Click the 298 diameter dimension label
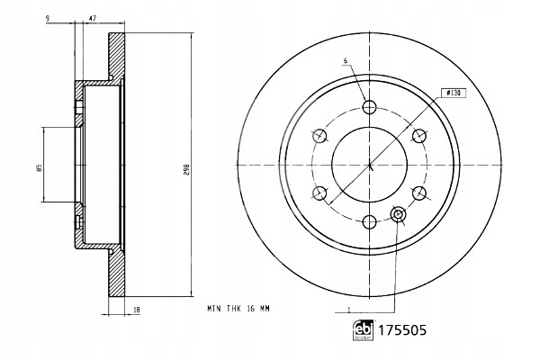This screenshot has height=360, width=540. (186, 170)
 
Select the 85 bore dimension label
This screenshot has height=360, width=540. (40, 167)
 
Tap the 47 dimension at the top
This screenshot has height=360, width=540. (93, 18)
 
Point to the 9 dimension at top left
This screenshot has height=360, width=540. (48, 18)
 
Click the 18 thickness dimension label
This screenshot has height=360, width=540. (137, 310)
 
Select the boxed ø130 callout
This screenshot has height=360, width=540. (454, 93)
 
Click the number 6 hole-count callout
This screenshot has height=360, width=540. (346, 61)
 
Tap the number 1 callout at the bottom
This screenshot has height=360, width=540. (349, 310)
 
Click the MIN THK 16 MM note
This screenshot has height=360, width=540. (238, 309)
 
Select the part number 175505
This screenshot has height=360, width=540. (402, 330)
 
